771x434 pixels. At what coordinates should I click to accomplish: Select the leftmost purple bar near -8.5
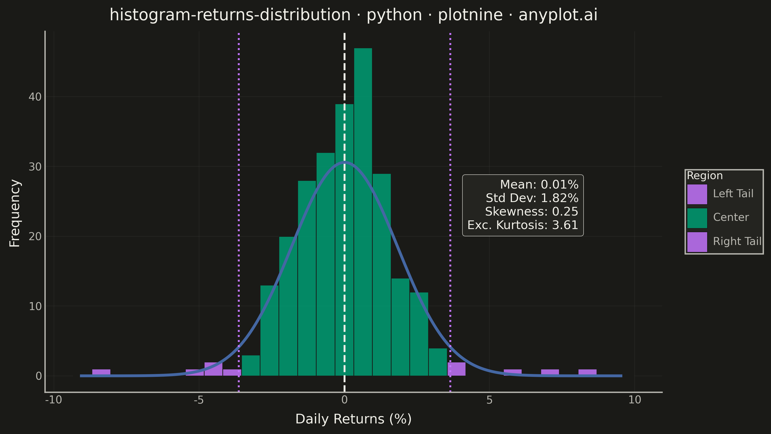click(x=101, y=372)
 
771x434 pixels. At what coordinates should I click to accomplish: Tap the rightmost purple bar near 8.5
click(x=587, y=372)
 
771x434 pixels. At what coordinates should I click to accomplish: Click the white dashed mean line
click(x=345, y=212)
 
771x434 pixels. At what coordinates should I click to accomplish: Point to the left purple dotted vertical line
click(x=239, y=212)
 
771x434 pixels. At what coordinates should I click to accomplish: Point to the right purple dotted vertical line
click(x=450, y=212)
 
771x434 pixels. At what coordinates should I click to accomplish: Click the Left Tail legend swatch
click(x=697, y=194)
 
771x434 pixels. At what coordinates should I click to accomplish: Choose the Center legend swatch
click(x=697, y=218)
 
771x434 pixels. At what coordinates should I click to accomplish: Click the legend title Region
click(x=705, y=176)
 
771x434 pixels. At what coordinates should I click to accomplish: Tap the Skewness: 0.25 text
click(x=532, y=212)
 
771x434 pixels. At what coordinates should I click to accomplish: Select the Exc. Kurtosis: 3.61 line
click(x=523, y=225)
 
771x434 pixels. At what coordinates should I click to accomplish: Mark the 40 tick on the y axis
click(x=35, y=97)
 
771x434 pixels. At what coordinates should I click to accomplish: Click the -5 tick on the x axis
click(x=199, y=400)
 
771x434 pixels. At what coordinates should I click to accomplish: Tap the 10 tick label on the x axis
click(x=635, y=400)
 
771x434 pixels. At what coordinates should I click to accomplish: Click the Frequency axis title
click(x=15, y=213)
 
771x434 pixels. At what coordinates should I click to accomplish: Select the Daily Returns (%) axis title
click(x=353, y=419)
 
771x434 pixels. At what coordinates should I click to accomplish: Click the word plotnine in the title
click(x=470, y=15)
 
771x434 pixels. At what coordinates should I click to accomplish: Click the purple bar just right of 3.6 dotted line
click(x=456, y=369)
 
